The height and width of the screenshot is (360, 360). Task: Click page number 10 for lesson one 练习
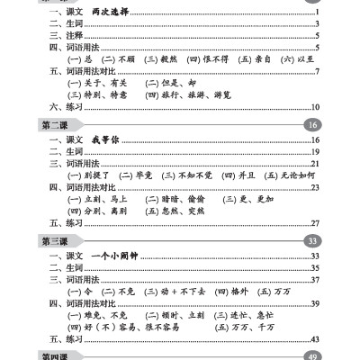pyautogui.click(x=317, y=107)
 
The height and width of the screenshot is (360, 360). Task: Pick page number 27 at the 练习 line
pyautogui.click(x=316, y=222)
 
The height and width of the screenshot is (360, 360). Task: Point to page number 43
pyautogui.click(x=316, y=338)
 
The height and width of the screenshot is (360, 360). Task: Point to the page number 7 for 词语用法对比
pyautogui.click(x=319, y=71)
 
